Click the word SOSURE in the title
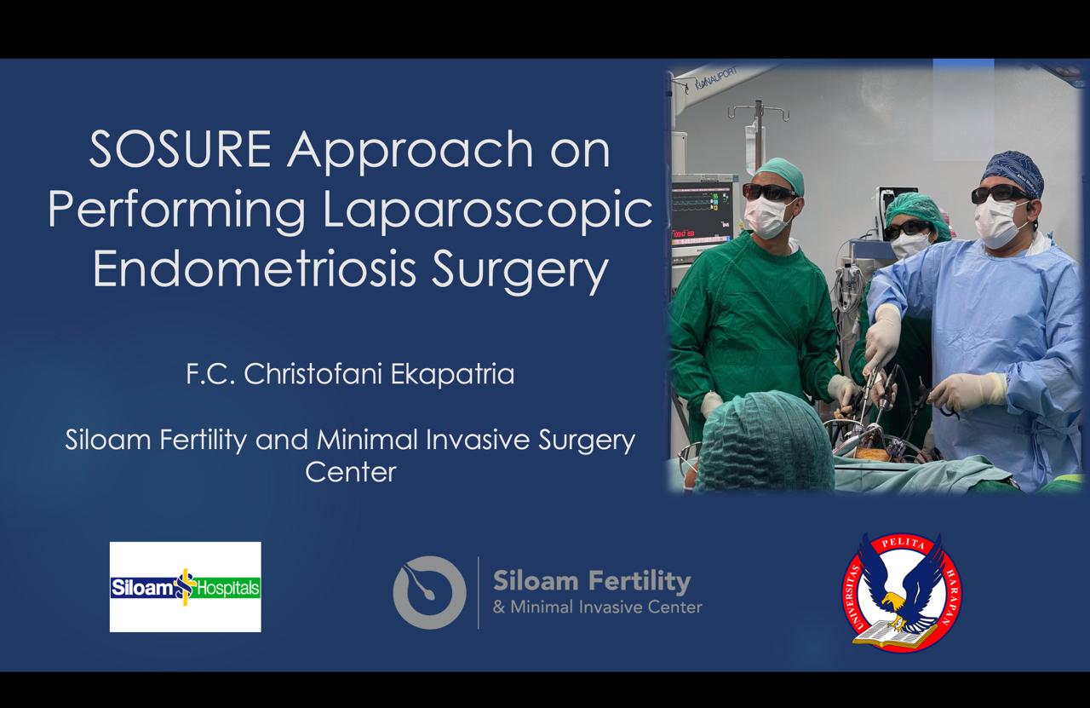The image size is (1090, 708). click(x=180, y=149)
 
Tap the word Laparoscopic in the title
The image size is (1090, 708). click(x=487, y=210)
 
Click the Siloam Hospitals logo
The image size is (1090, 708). click(x=186, y=587)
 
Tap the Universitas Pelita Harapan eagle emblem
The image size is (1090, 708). click(x=902, y=592)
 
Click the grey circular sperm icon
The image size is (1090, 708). click(x=430, y=593)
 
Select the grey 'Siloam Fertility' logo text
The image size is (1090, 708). click(x=592, y=581)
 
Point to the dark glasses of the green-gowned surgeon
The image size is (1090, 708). click(x=768, y=192)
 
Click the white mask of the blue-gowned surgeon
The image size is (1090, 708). click(x=999, y=222)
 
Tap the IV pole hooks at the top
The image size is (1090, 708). click(x=758, y=112)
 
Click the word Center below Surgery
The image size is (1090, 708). click(x=351, y=472)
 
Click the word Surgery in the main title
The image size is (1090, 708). click(x=519, y=272)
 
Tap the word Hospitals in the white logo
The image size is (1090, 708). click(x=227, y=589)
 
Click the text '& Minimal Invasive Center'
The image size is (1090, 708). click(x=598, y=607)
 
